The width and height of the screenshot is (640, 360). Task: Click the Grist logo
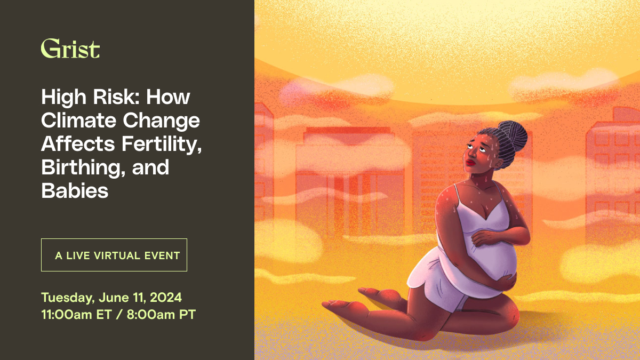pyautogui.click(x=70, y=49)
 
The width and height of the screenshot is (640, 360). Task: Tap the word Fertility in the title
pyautogui.click(x=162, y=145)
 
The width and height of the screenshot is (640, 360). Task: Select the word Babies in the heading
pyautogui.click(x=75, y=190)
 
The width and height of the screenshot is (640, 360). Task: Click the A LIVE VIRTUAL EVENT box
pyautogui.click(x=114, y=255)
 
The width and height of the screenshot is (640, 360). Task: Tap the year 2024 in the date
pyautogui.click(x=166, y=298)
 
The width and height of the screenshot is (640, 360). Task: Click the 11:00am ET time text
pyautogui.click(x=76, y=315)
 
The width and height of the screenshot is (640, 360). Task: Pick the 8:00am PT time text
pyautogui.click(x=161, y=315)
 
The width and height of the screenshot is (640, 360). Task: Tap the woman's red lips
pyautogui.click(x=470, y=163)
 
